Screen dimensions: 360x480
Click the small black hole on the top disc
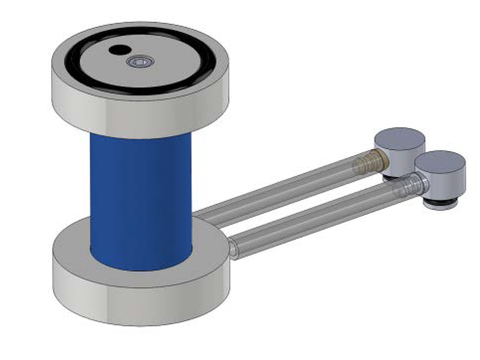(x=119, y=50)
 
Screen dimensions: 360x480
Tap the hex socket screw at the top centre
(x=140, y=61)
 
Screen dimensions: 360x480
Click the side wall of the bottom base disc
(x=140, y=305)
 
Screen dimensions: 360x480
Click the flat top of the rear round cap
(x=399, y=138)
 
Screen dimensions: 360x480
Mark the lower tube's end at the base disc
(x=234, y=248)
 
